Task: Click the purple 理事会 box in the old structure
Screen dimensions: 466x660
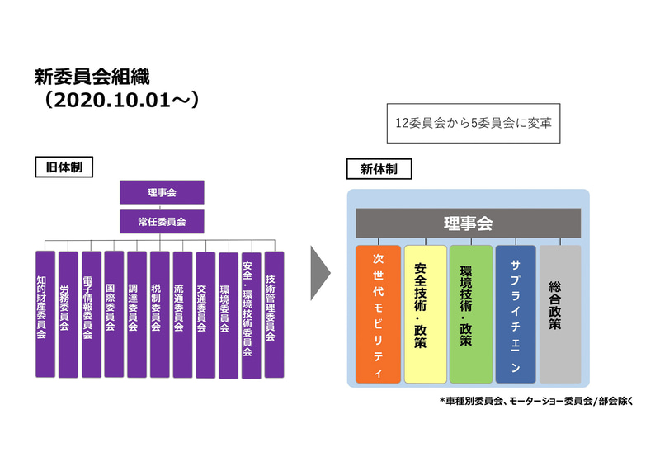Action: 161,192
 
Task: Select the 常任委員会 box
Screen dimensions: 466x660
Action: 161,220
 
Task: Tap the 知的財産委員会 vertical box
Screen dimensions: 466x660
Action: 45,314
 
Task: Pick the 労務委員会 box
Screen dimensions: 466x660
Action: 68,314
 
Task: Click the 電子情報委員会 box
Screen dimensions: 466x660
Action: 91,314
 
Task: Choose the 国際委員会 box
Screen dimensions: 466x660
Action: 114,314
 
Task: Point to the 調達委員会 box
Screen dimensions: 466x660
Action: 137,314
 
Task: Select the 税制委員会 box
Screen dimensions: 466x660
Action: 159,314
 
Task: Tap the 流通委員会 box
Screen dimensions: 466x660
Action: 182,314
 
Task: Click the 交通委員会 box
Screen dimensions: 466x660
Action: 205,314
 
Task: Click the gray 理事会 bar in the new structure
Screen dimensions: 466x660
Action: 468,223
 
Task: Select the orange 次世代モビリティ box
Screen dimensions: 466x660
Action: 378,314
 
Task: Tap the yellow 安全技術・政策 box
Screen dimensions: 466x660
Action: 425,314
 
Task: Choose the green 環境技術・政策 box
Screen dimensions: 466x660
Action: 470,314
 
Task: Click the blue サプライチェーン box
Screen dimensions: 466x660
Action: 516,314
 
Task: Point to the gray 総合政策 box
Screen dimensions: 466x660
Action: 559,314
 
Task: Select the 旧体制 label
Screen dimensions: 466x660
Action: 64,167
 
